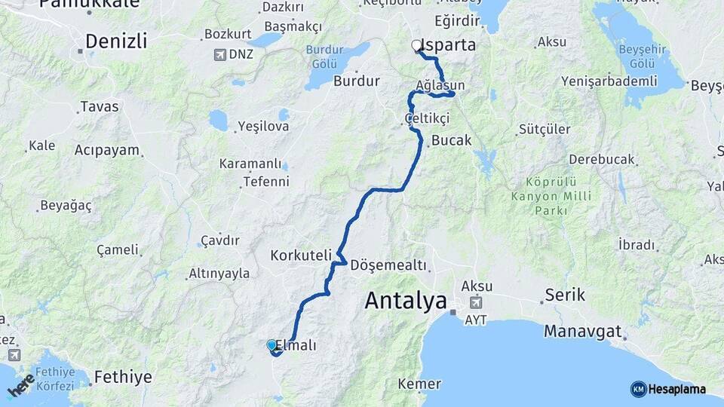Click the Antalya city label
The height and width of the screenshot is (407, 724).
(x=406, y=301)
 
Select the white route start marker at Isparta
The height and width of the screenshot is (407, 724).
(x=416, y=45)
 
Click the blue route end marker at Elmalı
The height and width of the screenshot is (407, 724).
(x=271, y=345)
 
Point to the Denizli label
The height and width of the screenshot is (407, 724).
(x=115, y=41)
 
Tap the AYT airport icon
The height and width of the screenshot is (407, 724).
(x=476, y=302)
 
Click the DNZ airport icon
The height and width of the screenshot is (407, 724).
(x=219, y=54)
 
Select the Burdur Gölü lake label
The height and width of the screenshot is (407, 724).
(x=324, y=56)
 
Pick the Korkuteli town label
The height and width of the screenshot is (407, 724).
(x=301, y=256)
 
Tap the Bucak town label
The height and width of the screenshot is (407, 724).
(x=451, y=140)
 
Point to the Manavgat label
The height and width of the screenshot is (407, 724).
(x=583, y=331)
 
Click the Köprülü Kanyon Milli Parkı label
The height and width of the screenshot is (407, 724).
(x=551, y=196)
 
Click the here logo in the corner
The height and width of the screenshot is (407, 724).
(x=20, y=387)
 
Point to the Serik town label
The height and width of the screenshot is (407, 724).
(x=565, y=295)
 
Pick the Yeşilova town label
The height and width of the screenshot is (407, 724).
(x=263, y=126)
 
